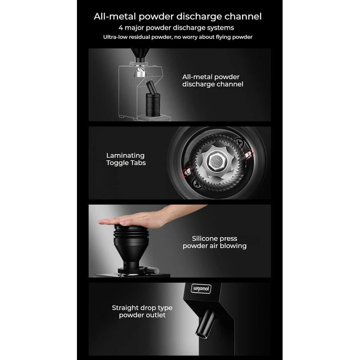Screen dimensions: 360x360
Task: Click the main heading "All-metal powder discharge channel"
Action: click(177, 17)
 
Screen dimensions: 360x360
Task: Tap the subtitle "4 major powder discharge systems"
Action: click(176, 28)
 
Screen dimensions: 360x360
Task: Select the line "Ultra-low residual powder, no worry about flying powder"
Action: click(178, 37)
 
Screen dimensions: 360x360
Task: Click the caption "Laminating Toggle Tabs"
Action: click(126, 159)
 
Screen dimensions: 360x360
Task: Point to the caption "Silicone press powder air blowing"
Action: click(215, 242)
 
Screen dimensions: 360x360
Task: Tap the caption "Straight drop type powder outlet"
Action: click(142, 311)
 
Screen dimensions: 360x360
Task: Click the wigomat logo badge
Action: click(201, 288)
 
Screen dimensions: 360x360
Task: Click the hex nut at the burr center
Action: click(216, 160)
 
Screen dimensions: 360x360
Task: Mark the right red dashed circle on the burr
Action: click(248, 154)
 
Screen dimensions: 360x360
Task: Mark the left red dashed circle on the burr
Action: click(187, 171)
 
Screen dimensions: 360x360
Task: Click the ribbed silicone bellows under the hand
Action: click(131, 234)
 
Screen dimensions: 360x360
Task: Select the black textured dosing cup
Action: click(153, 104)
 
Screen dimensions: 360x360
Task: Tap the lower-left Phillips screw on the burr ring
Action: click(197, 184)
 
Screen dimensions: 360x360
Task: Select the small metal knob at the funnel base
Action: click(153, 270)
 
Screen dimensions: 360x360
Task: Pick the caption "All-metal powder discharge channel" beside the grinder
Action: click(212, 81)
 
